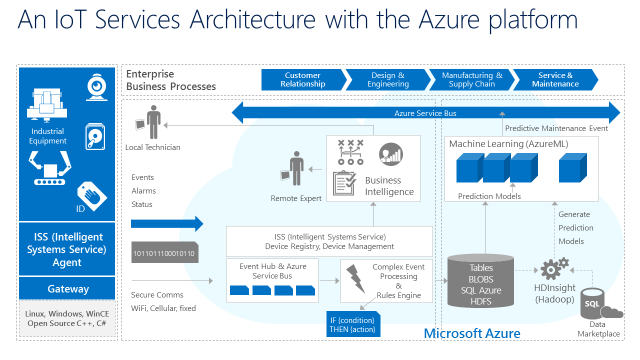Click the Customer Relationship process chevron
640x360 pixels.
[x=302, y=79]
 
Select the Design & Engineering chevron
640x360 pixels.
[x=387, y=79]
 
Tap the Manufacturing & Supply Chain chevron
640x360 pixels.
[x=470, y=79]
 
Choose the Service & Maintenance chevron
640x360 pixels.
[x=555, y=79]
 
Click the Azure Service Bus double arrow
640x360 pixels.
[x=421, y=113]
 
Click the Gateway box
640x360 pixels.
[x=68, y=288]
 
